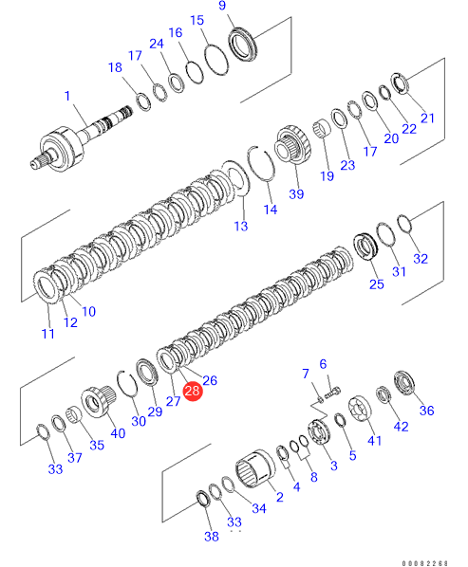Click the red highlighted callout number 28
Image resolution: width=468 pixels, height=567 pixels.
click(192, 391)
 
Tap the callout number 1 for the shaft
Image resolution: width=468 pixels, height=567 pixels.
click(67, 96)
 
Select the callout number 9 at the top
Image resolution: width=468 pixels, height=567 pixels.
click(222, 6)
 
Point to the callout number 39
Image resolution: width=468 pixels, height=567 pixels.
click(296, 194)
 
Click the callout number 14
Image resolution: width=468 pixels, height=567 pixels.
click(271, 210)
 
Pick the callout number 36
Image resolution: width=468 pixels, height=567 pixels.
click(427, 411)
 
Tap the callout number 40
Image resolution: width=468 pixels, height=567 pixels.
click(118, 433)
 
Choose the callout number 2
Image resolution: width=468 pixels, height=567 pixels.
click(280, 497)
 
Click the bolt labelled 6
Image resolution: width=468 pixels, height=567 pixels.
click(332, 393)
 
